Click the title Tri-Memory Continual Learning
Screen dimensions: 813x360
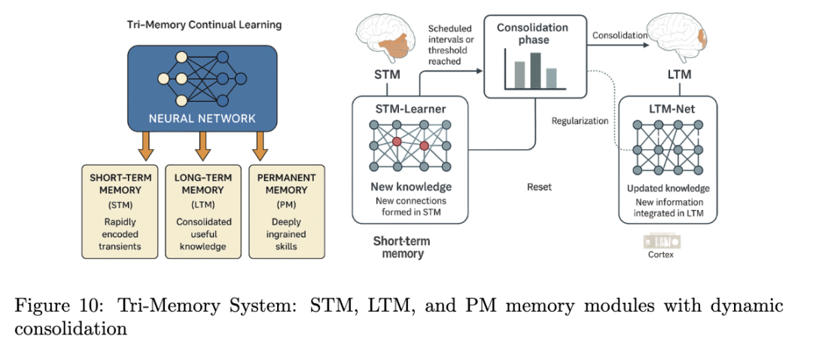coord(204,25)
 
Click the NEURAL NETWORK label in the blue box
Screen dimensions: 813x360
coord(202,118)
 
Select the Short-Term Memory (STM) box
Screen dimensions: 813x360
coord(120,212)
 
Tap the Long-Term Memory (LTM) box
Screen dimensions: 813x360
coord(203,212)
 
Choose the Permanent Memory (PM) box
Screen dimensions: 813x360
coord(287,212)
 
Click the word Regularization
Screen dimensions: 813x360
coord(580,121)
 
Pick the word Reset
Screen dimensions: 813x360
coord(539,188)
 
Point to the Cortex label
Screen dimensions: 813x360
coord(661,255)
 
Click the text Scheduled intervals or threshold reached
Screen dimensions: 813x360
coord(447,44)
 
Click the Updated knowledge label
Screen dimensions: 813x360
coord(668,188)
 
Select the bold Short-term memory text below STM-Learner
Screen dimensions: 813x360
coord(401,248)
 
